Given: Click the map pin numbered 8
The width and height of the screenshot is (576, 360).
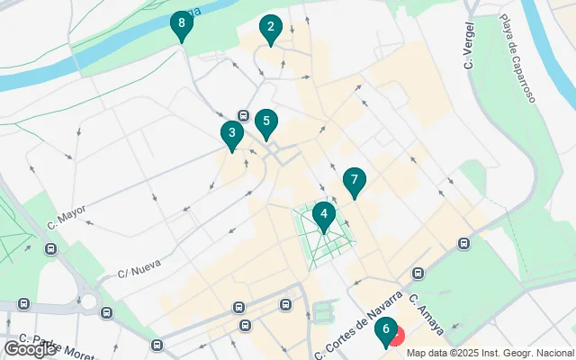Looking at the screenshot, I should pos(182,24).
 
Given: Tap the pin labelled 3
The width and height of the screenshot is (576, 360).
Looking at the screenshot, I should pos(232,135).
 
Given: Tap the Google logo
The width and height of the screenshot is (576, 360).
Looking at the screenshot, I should pos(30,348).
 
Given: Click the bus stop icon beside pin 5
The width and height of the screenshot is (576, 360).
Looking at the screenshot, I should pos(243,115).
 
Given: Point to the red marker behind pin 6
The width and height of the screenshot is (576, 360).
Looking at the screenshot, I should pos(396,337).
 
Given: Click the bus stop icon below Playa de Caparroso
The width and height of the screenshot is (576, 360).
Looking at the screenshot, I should pos(464,243).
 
